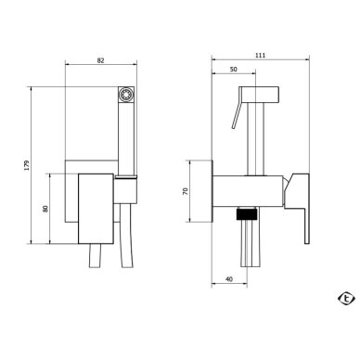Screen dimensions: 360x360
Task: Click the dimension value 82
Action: tap(100, 60)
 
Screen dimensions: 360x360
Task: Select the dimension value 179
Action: tap(27, 165)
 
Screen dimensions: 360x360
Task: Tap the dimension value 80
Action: tap(45, 209)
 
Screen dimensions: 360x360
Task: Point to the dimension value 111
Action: tap(260, 56)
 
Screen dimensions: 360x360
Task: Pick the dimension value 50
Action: tap(234, 70)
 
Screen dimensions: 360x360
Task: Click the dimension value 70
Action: tap(186, 191)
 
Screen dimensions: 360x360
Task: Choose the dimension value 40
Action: tap(229, 279)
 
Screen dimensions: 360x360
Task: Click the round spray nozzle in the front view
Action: tap(126, 94)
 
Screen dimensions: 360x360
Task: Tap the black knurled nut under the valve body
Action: tap(247, 214)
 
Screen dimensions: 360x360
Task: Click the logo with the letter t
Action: tap(346, 299)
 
